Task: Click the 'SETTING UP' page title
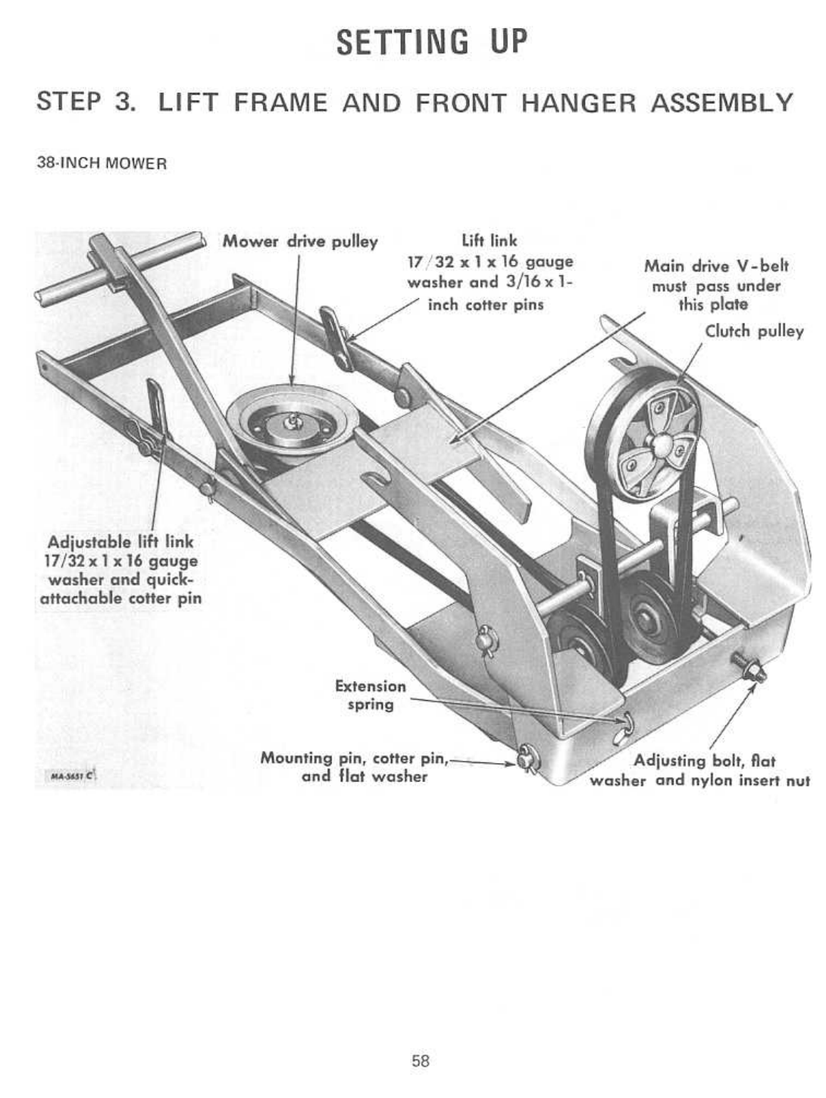click(x=431, y=42)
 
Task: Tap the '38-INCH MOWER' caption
click(x=102, y=164)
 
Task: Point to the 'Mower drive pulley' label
click(x=299, y=242)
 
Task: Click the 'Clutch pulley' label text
click(x=754, y=332)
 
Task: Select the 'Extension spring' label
click(x=371, y=695)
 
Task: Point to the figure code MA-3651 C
click(x=70, y=776)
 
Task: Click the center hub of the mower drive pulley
click(x=290, y=424)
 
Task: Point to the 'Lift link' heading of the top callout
click(x=490, y=241)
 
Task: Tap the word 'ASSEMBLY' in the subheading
click(x=722, y=102)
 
